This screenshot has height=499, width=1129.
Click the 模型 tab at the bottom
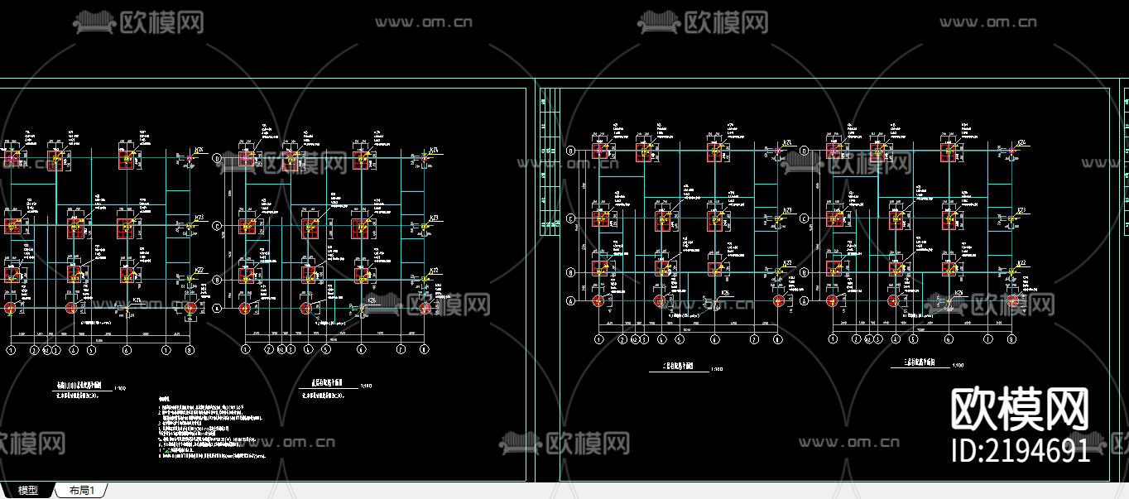tap(28, 491)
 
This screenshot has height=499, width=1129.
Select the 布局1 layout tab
tap(81, 491)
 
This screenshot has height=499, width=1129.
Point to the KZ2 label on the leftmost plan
tap(199, 270)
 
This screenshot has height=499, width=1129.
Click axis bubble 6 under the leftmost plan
tap(127, 350)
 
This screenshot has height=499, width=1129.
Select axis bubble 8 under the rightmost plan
tap(1011, 339)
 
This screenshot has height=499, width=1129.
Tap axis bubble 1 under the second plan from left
tap(245, 350)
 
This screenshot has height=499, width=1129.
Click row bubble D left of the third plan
tap(570, 151)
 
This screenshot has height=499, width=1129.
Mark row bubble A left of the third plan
tap(570, 301)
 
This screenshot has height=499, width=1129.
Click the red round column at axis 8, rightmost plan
tap(1011, 301)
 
